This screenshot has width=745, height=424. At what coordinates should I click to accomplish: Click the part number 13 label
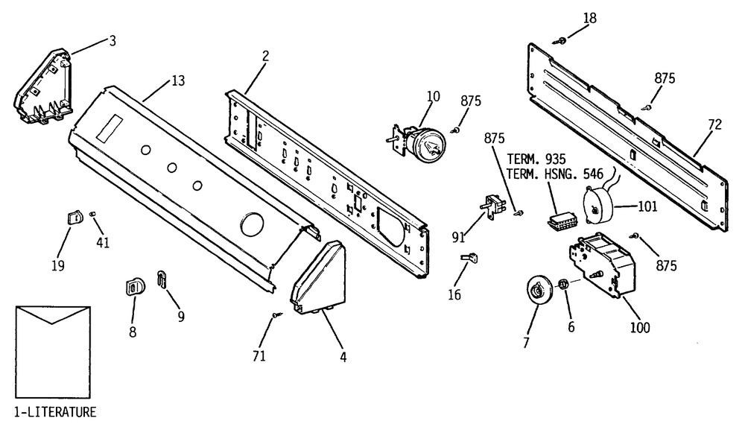pyautogui.click(x=178, y=80)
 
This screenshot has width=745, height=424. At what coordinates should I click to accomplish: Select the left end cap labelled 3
pyautogui.click(x=43, y=87)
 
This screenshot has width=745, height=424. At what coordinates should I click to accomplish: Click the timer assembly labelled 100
pyautogui.click(x=601, y=264)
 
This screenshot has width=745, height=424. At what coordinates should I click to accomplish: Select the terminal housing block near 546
pyautogui.click(x=562, y=221)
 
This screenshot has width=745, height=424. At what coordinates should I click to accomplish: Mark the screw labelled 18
pyautogui.click(x=559, y=41)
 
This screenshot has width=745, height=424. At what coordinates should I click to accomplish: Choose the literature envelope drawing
pyautogui.click(x=53, y=352)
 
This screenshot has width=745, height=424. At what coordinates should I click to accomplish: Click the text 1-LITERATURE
pyautogui.click(x=56, y=411)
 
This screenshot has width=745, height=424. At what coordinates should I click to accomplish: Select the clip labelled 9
pyautogui.click(x=162, y=279)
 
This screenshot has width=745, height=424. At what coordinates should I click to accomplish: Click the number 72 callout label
pyautogui.click(x=714, y=124)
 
